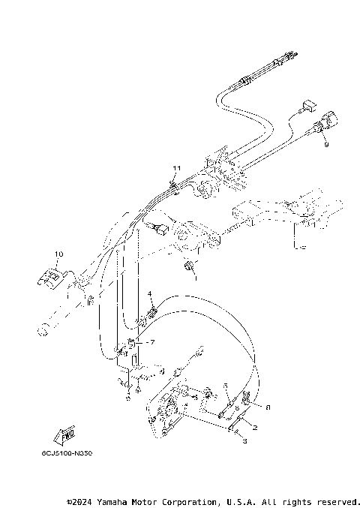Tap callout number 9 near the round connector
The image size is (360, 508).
(325, 146)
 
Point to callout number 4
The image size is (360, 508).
(149, 293)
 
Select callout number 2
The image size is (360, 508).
(255, 427)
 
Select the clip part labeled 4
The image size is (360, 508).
(153, 308)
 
